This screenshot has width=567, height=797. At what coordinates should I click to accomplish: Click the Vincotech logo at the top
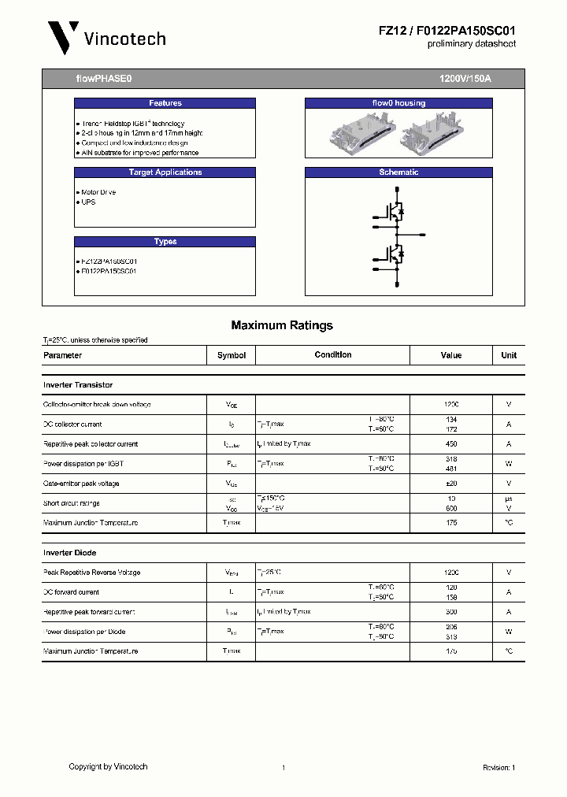click(106, 37)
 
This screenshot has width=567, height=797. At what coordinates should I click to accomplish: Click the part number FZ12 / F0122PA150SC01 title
click(447, 30)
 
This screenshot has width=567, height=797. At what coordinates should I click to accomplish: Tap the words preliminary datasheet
click(471, 44)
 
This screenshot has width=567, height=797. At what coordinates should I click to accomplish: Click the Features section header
click(165, 103)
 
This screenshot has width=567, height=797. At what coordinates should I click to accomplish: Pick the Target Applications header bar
click(165, 172)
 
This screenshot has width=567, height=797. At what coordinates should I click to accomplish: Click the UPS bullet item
click(87, 202)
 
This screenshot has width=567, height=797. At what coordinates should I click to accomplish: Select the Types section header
click(165, 242)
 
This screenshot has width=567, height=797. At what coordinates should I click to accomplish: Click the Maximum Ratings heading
click(282, 325)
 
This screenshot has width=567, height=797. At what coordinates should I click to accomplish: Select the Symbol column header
click(232, 355)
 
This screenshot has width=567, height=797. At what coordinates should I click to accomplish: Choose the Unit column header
click(509, 355)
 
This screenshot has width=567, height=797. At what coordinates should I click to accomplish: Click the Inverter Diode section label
click(69, 553)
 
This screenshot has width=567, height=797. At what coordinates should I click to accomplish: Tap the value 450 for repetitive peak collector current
click(451, 444)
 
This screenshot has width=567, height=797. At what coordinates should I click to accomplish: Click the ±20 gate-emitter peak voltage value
click(451, 484)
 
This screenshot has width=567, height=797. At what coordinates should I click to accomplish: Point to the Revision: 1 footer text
click(498, 767)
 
